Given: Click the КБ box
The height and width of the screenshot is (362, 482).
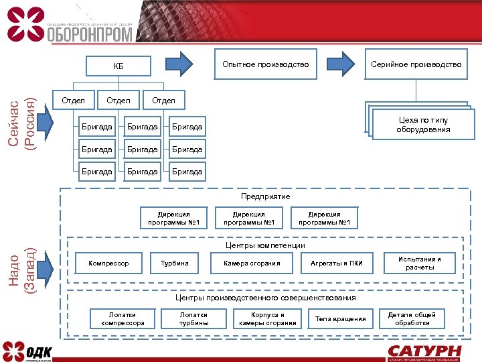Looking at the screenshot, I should point(118,65).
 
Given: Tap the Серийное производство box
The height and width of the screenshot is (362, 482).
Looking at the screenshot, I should point(416,64).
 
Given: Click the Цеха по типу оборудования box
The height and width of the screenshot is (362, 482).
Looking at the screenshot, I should point(422,125).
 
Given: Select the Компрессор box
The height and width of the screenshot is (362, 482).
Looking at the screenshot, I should point(108,263).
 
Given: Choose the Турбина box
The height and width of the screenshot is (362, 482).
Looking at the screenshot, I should point(175,263).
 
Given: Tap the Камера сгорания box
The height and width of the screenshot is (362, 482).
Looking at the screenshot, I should point(252,263).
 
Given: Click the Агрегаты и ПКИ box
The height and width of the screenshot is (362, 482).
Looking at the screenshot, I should point(337,263).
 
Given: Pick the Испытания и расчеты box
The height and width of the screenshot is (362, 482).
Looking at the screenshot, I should point(420,263).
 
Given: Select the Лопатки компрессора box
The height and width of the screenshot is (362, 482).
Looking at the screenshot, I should point(123,318).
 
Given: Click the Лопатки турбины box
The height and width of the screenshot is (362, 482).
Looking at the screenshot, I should point(193,318).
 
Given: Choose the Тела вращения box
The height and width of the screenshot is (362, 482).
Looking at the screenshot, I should point(341,318).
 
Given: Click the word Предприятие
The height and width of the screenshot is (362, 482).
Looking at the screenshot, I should point(266,197).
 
